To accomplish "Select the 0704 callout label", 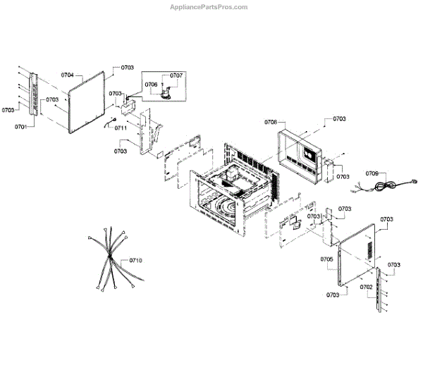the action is (68, 74).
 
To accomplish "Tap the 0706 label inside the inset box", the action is (152, 85).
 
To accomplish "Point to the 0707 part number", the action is (176, 75).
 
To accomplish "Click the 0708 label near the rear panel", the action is (271, 123).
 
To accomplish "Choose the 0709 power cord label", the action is (372, 173).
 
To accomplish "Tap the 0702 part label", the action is (366, 287).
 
